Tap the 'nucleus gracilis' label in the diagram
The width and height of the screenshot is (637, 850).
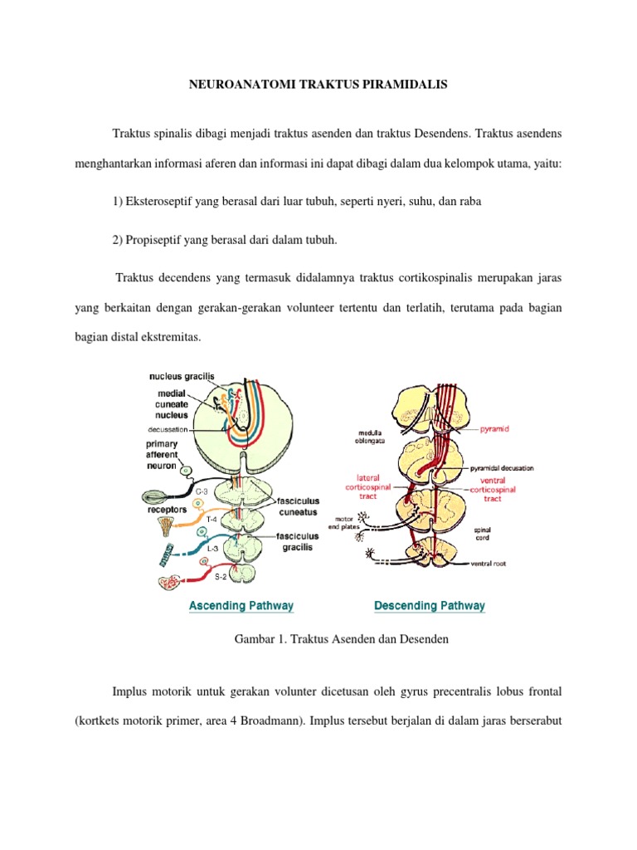182,376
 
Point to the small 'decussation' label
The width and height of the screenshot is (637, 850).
168,429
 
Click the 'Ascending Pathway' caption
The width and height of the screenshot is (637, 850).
241,606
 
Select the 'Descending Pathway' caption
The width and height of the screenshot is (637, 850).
430,606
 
